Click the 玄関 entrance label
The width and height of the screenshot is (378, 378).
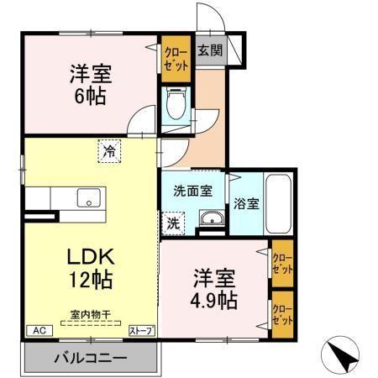pyautogui.click(x=210, y=50)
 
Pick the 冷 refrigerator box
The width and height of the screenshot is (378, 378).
pyautogui.click(x=109, y=151)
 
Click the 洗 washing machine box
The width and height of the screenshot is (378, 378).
pyautogui.click(x=172, y=223)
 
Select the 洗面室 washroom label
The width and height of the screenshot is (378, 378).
pyautogui.click(x=193, y=190)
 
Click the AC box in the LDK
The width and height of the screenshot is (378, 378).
pyautogui.click(x=39, y=331)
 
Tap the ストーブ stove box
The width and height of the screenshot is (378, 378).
pyautogui.click(x=141, y=331)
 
